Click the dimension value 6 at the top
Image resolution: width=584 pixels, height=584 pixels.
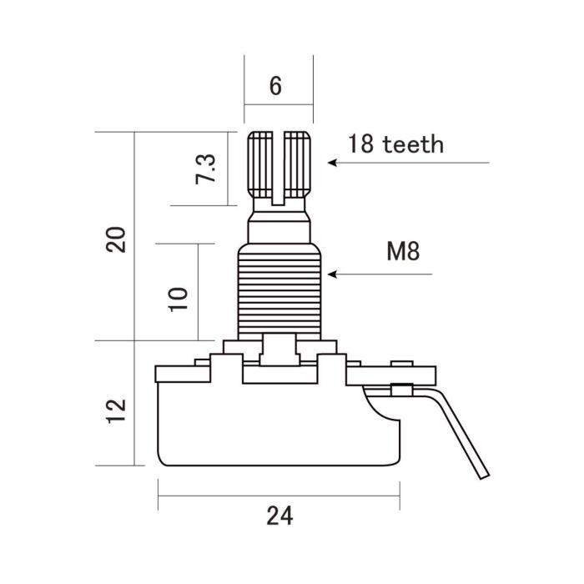[277, 86]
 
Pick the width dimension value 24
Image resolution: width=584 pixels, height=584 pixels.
[280, 516]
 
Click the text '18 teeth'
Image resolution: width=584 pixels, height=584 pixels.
[395, 143]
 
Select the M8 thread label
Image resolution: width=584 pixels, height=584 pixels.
[403, 251]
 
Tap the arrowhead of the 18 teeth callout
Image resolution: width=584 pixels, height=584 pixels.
[332, 163]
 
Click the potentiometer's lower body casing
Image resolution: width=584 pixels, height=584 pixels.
[279, 425]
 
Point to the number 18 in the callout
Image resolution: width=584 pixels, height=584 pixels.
[361, 143]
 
